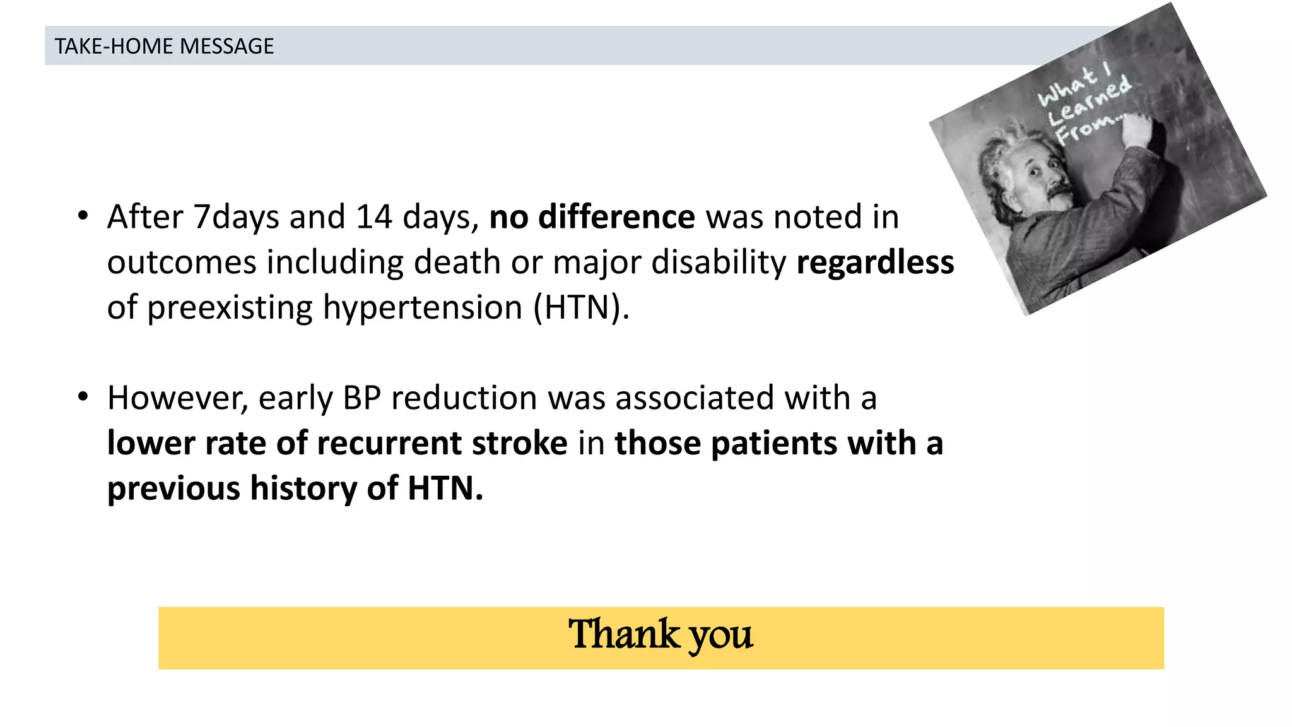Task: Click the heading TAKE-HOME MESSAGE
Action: coord(164,46)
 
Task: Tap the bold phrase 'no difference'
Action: coord(592,217)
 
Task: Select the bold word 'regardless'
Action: coord(875,263)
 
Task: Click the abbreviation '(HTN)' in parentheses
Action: coord(580,308)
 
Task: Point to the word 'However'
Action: coord(177,398)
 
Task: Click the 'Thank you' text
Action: coord(661,635)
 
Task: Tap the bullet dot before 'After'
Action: coord(83,216)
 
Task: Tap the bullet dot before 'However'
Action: coord(83,398)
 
